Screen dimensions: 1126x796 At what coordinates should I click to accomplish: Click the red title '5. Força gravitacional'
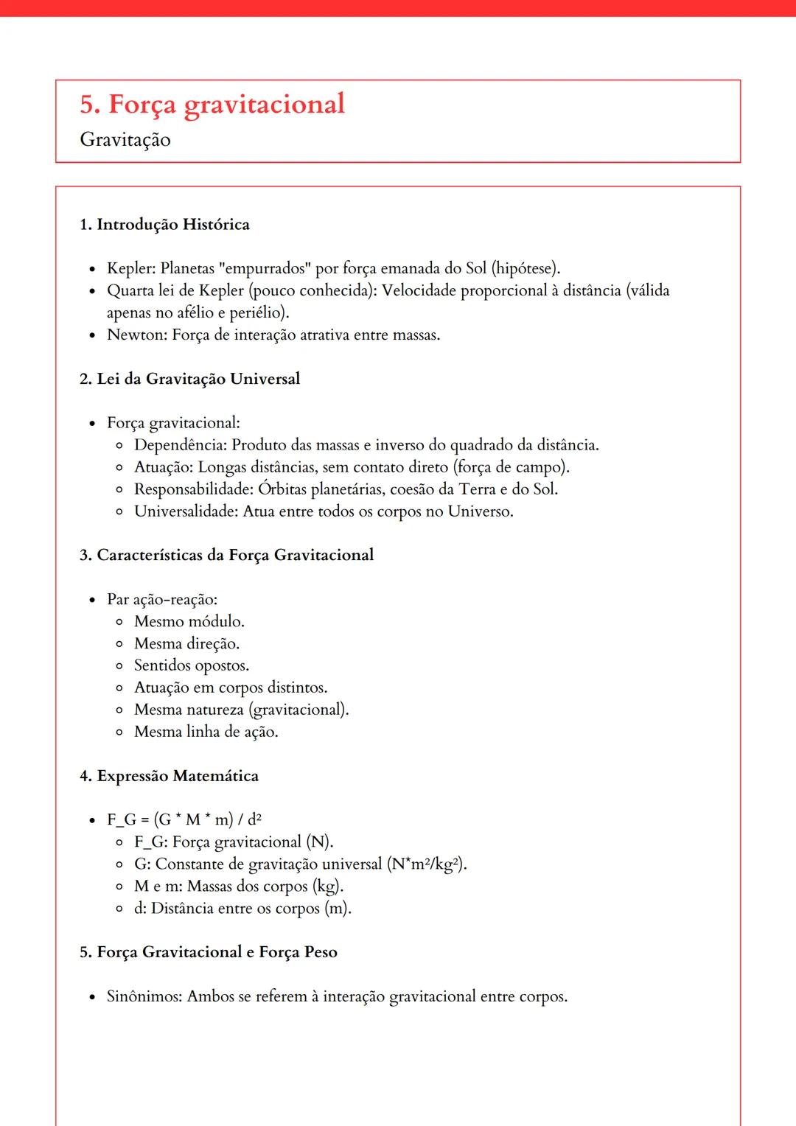tap(212, 105)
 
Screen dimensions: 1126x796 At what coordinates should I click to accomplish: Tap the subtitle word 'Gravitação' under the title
tap(125, 140)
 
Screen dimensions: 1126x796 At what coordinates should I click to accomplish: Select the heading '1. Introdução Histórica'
tap(164, 225)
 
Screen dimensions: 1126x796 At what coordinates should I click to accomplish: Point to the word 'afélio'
tap(195, 313)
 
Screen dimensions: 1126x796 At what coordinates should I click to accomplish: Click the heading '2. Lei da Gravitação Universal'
tap(189, 380)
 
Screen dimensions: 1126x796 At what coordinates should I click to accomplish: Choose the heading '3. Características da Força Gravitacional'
tap(226, 556)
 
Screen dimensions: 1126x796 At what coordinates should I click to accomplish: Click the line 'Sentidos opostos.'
tap(192, 666)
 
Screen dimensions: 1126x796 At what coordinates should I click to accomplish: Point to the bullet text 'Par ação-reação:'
tap(162, 600)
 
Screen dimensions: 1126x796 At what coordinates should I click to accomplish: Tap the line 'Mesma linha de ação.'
tap(206, 732)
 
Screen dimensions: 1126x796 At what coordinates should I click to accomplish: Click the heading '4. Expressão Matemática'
tap(169, 777)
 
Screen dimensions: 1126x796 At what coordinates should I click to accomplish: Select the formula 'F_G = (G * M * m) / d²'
tap(184, 820)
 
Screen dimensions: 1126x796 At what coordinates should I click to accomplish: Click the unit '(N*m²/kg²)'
tap(427, 864)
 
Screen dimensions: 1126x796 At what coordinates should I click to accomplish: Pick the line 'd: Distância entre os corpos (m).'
tap(242, 909)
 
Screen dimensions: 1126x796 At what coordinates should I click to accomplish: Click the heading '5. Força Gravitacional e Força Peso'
tap(209, 953)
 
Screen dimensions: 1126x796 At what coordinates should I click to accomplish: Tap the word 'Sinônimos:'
tap(144, 997)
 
